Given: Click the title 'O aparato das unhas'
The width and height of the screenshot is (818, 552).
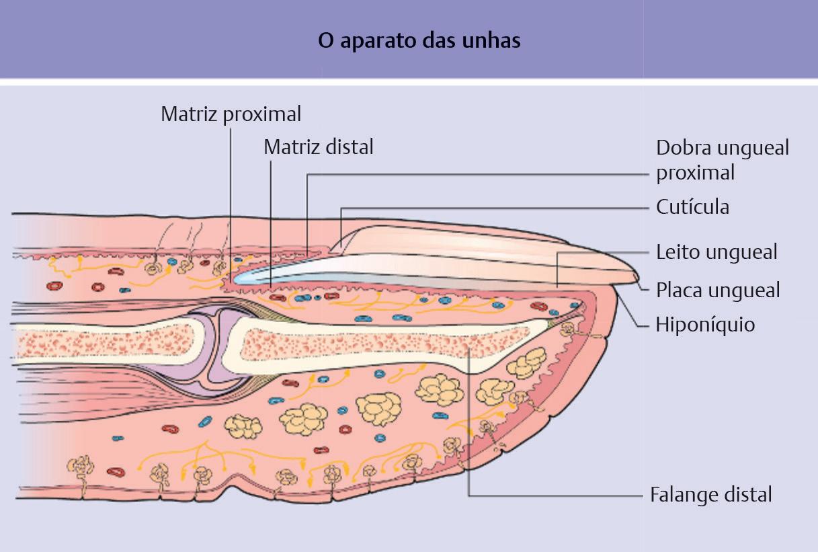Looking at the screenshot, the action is click(x=419, y=40).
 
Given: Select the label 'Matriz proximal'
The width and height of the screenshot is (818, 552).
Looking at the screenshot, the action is click(x=231, y=114).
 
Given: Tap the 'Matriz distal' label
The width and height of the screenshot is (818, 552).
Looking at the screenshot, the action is click(x=318, y=147).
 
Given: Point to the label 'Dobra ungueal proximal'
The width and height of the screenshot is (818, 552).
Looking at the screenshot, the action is click(x=722, y=160).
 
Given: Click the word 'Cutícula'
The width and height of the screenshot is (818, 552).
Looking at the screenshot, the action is click(x=692, y=206).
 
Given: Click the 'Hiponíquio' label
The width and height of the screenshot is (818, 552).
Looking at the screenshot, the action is click(x=705, y=325).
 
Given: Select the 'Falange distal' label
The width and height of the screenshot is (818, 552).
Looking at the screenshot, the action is click(x=711, y=495).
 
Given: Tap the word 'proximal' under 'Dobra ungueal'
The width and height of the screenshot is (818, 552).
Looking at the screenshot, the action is click(x=695, y=173).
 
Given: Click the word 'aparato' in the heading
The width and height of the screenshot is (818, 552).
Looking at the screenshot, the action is click(x=376, y=40).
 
